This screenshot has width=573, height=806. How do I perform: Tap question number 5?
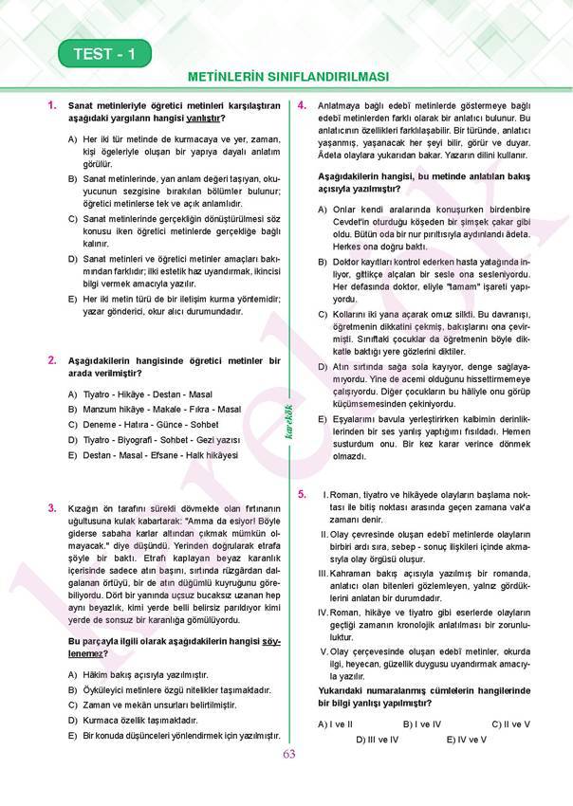click(302, 494)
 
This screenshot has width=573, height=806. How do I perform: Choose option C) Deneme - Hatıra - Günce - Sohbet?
click(141, 424)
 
